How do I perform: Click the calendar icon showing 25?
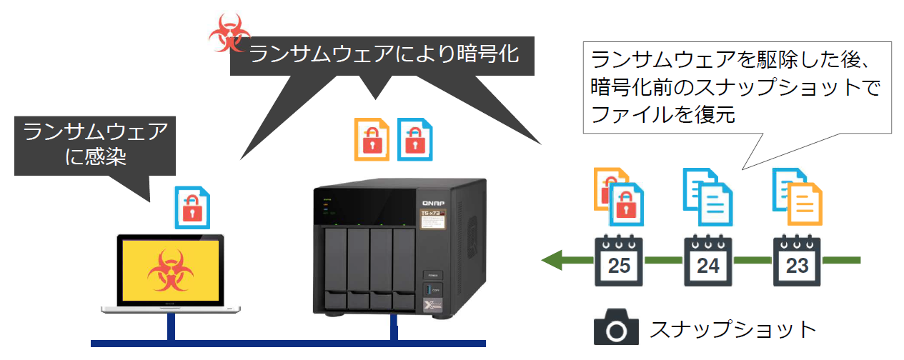(618, 260)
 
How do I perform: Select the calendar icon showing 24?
(707, 260)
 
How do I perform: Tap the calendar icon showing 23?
(796, 260)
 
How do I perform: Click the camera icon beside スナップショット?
(615, 329)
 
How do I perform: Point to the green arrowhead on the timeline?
(552, 260)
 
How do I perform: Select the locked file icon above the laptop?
(193, 206)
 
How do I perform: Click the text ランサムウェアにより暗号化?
(383, 54)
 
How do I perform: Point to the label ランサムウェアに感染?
(95, 144)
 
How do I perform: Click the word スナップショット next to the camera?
(732, 329)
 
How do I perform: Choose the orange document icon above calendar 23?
(804, 204)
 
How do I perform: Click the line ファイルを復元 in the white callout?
(663, 115)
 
